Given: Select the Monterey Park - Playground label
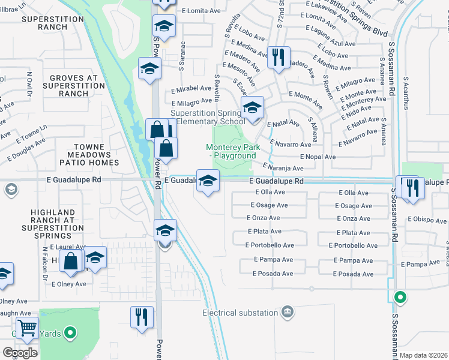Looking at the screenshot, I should [231, 151].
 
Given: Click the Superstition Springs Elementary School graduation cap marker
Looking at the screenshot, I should [253, 109].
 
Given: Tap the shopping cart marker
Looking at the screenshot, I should [27, 328].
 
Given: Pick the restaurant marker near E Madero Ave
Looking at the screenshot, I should [279, 58].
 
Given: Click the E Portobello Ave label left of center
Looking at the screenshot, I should [270, 245].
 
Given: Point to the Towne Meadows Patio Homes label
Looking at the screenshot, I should [89, 155].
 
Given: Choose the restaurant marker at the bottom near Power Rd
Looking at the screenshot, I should [142, 317].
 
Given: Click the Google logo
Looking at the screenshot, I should [20, 353].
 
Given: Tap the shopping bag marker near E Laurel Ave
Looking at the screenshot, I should [71, 260].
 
